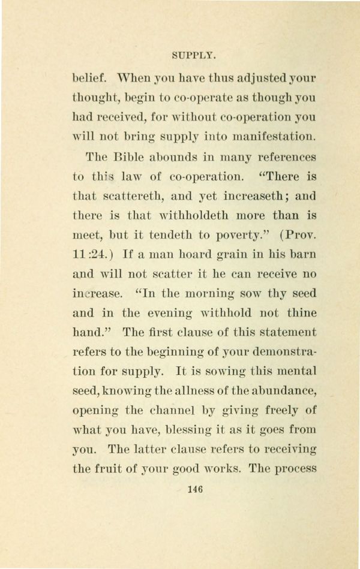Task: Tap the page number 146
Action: [194, 489]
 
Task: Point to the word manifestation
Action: [275, 137]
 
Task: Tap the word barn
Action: [302, 254]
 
